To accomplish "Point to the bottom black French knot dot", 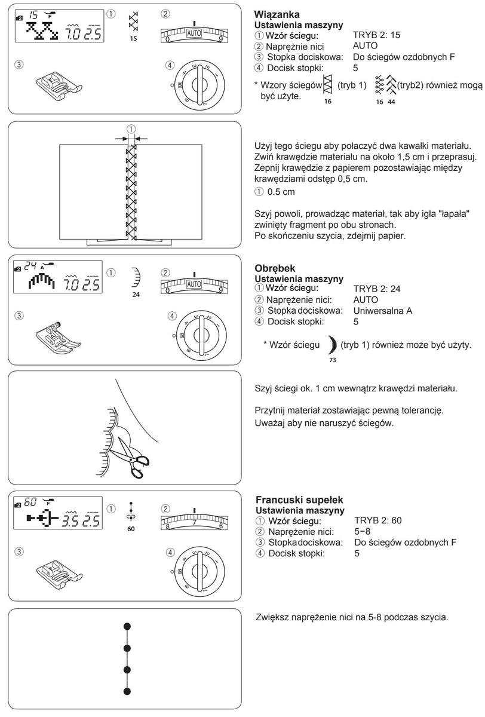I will pos(127,691).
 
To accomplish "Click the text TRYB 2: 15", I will pos(377,35).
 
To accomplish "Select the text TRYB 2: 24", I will pos(377,288).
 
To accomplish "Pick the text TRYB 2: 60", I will pos(377,521).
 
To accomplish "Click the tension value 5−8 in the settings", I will pos(363,531).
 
